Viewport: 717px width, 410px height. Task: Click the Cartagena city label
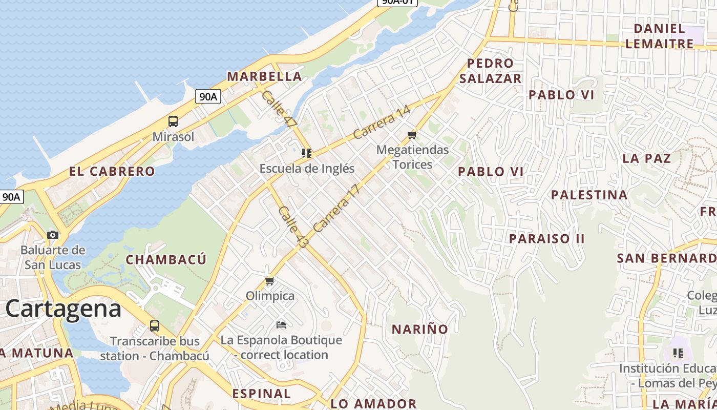[64, 309]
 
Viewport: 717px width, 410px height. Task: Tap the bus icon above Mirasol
[173, 121]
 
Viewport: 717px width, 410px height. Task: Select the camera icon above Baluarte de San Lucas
[53, 235]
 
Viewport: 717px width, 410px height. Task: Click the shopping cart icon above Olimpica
[270, 281]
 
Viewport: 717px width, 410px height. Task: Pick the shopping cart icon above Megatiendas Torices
[412, 135]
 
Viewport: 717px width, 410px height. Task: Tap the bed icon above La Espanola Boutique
[281, 324]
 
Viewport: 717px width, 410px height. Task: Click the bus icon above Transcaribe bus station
[154, 325]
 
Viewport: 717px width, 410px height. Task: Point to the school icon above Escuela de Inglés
[307, 153]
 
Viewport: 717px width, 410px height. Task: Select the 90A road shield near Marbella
[208, 96]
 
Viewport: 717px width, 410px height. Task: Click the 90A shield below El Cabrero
[11, 197]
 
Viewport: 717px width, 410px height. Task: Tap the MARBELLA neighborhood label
[264, 76]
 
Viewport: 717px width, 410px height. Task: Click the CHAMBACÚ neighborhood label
[166, 259]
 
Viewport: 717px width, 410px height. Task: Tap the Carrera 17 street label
[337, 208]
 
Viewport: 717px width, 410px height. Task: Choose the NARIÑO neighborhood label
[420, 329]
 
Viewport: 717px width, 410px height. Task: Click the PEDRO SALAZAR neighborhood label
[490, 71]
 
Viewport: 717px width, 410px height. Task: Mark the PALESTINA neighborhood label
[589, 195]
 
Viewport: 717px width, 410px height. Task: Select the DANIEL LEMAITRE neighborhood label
[660, 36]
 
